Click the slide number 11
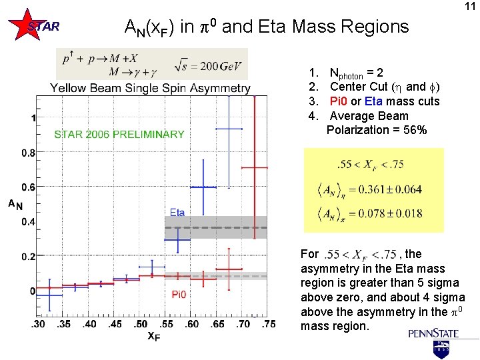click(x=469, y=7)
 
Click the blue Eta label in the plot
click(x=177, y=213)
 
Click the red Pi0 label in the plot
click(x=179, y=294)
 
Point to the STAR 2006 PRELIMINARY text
click(x=119, y=134)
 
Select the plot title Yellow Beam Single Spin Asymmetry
click(x=150, y=88)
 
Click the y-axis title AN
click(x=15, y=204)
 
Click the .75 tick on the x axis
click(x=268, y=324)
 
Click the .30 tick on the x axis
click(x=38, y=324)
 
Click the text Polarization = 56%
click(x=377, y=130)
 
